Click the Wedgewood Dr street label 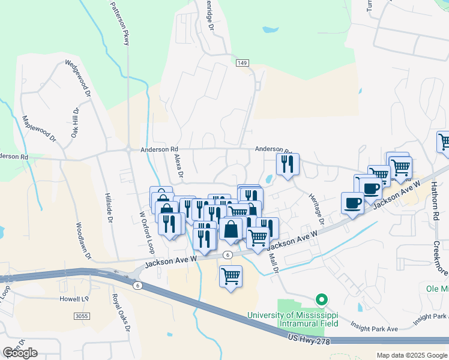[79, 78]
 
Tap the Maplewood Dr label [38, 128]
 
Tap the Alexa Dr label [178, 165]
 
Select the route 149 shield [242, 63]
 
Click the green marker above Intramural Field [322, 299]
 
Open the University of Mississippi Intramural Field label [294, 319]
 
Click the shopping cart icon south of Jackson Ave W [231, 277]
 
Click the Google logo [20, 352]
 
